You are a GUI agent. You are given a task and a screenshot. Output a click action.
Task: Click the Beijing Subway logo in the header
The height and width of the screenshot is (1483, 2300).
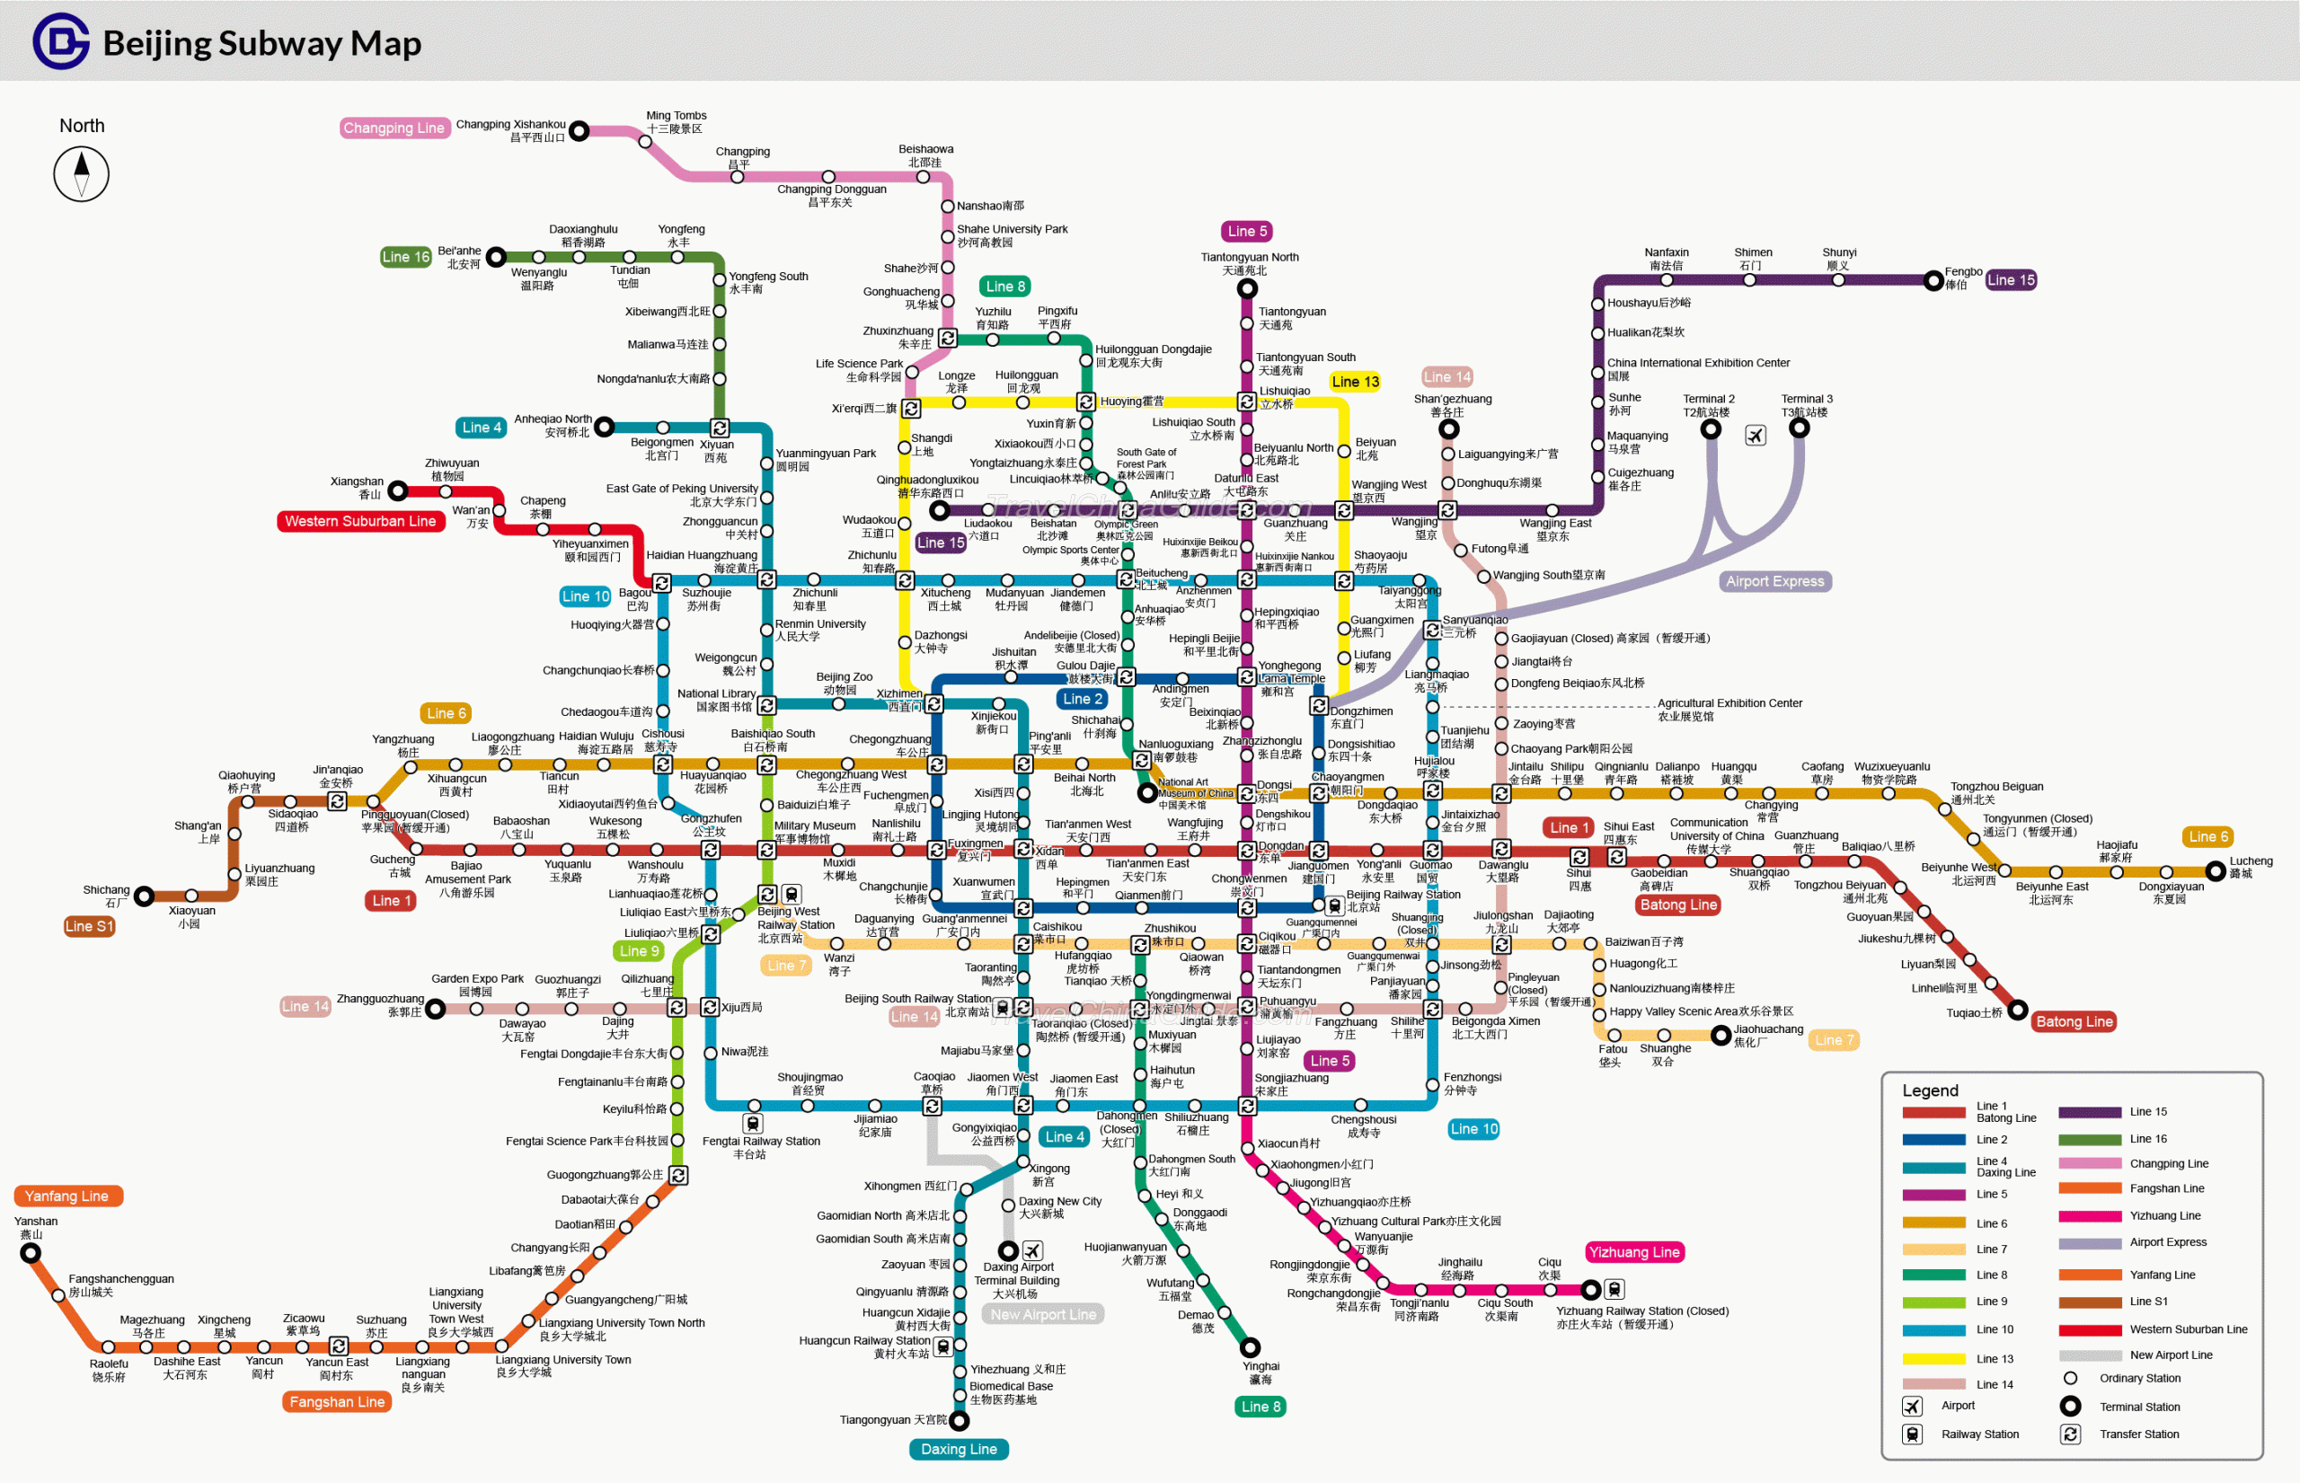(62, 40)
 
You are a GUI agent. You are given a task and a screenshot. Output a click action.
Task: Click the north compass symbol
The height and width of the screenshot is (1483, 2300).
(82, 174)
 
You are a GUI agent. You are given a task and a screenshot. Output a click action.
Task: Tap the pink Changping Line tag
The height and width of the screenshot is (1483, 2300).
(394, 128)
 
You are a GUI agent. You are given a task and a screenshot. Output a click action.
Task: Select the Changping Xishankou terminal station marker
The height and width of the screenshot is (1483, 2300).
(579, 131)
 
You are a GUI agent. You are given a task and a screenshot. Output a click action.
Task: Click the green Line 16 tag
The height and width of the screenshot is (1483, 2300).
(405, 257)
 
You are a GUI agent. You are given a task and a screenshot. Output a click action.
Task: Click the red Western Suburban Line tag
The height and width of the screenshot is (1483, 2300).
(360, 521)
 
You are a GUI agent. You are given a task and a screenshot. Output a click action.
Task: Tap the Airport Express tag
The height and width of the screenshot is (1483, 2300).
(1774, 580)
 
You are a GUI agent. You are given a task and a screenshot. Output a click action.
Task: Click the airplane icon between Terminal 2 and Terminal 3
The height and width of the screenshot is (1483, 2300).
(1755, 437)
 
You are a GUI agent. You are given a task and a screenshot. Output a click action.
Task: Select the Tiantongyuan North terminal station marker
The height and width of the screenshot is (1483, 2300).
(1247, 289)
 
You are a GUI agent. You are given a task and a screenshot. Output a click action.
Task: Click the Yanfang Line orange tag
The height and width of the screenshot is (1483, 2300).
(67, 1196)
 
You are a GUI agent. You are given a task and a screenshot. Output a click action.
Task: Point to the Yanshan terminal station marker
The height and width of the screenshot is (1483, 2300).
(31, 1253)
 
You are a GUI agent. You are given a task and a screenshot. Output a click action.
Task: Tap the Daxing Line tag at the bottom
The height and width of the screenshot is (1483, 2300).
(959, 1449)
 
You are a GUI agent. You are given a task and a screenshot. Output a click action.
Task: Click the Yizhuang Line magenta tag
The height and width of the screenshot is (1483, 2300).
(1633, 1252)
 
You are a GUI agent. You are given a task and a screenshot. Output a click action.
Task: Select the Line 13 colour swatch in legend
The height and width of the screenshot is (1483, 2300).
(1933, 1359)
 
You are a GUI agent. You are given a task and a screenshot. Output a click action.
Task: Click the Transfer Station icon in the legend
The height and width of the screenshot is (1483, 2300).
(2070, 1434)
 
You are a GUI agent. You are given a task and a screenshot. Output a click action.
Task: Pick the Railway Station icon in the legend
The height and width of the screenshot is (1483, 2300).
(1912, 1434)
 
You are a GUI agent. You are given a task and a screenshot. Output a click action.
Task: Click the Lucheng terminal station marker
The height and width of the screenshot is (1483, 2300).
(2216, 871)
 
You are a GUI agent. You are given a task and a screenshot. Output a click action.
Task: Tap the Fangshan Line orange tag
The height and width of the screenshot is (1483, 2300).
(337, 1402)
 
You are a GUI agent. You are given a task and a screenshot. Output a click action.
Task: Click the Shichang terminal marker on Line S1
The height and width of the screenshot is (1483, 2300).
(145, 896)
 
